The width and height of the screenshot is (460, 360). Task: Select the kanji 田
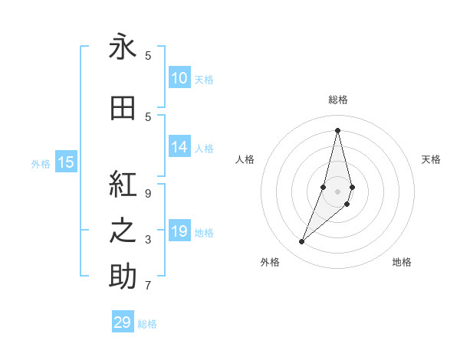(x=123, y=108)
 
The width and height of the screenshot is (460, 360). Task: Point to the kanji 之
(x=123, y=231)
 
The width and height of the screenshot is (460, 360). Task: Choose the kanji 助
(x=123, y=277)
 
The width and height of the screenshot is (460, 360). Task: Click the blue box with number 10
(x=179, y=78)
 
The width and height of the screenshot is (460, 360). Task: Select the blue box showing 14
(x=179, y=147)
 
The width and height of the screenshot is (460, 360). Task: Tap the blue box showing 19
(x=179, y=231)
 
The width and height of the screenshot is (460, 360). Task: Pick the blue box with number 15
(x=66, y=162)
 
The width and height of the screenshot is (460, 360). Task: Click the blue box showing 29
(x=123, y=322)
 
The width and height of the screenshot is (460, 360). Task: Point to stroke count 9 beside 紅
(x=148, y=194)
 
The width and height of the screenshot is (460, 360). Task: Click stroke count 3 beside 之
(x=148, y=240)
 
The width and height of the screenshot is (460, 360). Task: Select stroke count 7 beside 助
(x=148, y=286)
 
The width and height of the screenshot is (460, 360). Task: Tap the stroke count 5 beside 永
(x=148, y=55)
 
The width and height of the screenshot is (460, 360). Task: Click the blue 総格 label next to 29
(x=147, y=324)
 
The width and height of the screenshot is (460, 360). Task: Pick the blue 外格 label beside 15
(x=40, y=163)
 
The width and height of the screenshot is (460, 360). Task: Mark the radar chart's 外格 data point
(x=302, y=242)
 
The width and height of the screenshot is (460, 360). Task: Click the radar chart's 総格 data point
(x=337, y=129)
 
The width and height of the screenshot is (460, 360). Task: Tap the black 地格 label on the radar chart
(x=402, y=262)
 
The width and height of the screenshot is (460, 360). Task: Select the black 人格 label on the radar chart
(x=245, y=159)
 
